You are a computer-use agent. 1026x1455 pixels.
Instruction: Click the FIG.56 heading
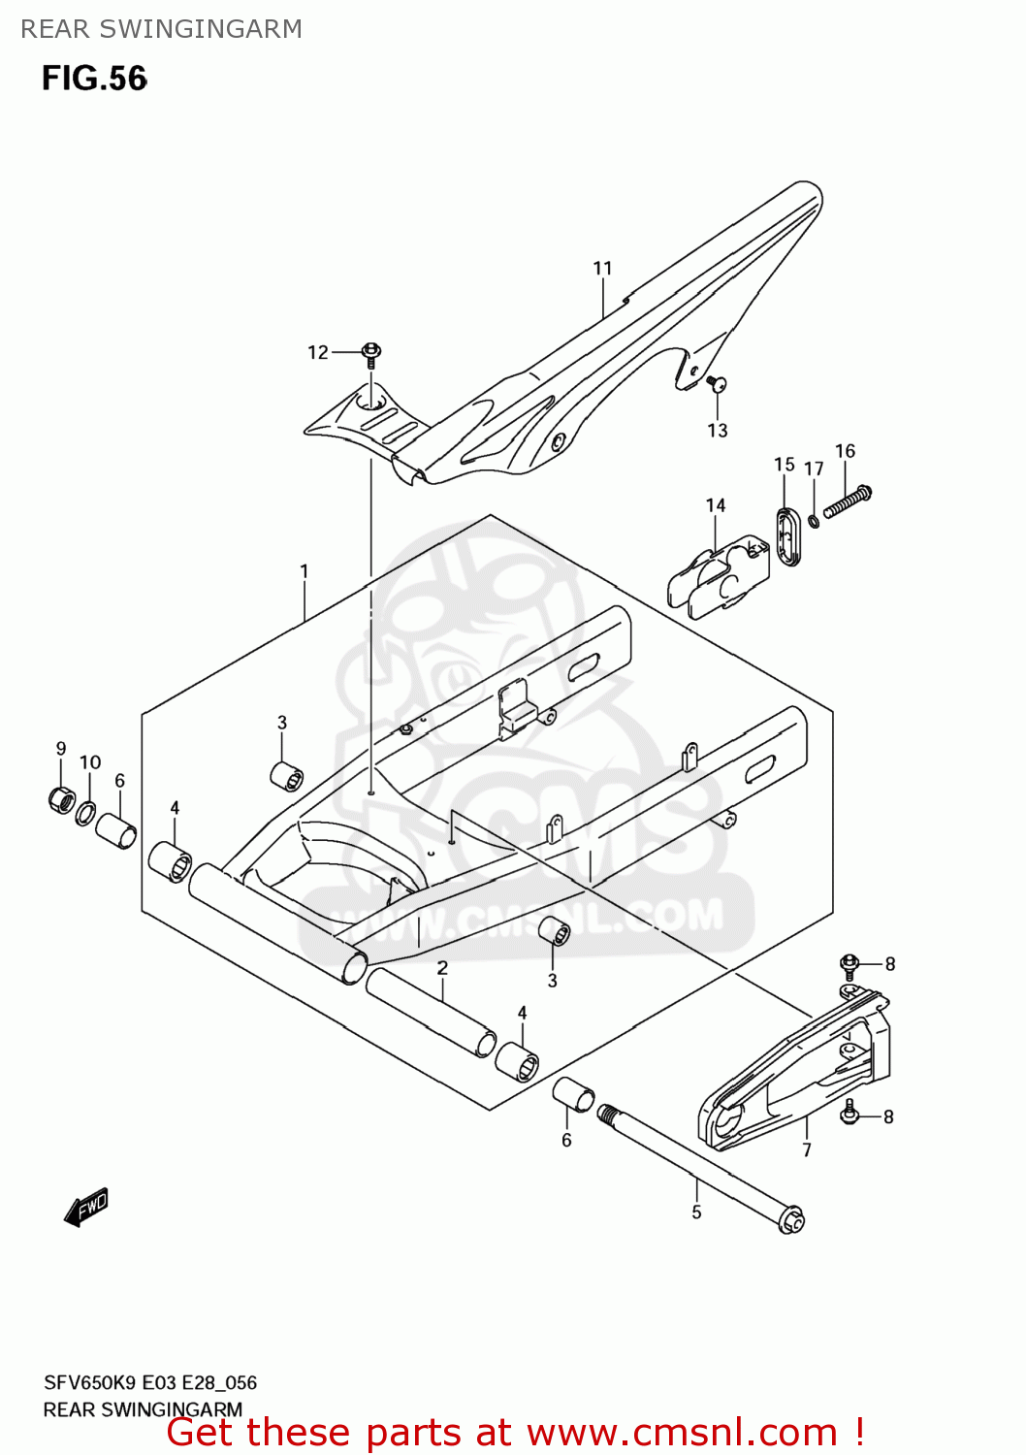click(x=94, y=79)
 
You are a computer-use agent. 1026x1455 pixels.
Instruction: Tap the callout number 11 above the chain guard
click(x=602, y=269)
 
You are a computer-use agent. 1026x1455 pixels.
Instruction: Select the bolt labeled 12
click(x=371, y=354)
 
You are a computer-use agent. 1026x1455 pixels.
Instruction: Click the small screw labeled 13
click(x=717, y=384)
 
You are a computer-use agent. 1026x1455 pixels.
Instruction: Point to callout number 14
click(x=716, y=505)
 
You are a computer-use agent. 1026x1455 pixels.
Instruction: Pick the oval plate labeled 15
click(x=787, y=534)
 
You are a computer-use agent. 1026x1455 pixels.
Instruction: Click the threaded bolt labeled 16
click(x=848, y=502)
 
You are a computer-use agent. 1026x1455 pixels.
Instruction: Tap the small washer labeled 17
click(x=814, y=521)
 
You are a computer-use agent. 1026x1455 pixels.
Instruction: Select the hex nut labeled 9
click(x=61, y=799)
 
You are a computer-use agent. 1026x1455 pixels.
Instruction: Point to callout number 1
click(x=305, y=571)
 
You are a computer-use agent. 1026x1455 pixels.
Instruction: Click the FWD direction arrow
click(x=86, y=1208)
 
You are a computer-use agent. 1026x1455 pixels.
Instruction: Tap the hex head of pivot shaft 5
click(x=791, y=1219)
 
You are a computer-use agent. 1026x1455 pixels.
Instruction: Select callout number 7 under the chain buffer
click(x=807, y=1150)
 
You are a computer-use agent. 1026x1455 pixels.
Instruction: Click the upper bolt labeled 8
click(x=850, y=964)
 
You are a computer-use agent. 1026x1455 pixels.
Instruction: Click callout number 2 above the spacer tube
click(x=442, y=968)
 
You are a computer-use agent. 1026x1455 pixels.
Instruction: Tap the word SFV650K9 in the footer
click(x=91, y=1383)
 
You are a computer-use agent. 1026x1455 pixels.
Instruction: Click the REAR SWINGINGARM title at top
click(x=161, y=29)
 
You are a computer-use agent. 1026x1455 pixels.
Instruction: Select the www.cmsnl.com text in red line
click(x=683, y=1433)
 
